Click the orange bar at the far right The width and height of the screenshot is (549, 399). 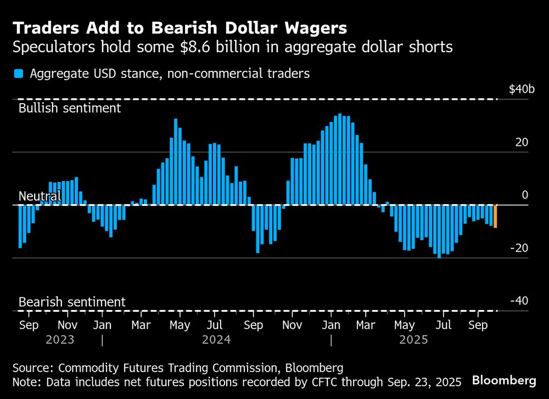click(x=495, y=216)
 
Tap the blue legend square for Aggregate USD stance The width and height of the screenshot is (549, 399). click(x=19, y=74)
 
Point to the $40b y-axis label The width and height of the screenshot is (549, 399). click(x=521, y=89)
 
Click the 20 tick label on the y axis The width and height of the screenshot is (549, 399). click(x=521, y=142)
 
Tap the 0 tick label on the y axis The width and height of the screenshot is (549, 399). click(x=524, y=195)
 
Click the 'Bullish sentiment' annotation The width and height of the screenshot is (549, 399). click(x=69, y=108)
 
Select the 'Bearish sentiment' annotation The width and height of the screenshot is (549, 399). click(x=71, y=302)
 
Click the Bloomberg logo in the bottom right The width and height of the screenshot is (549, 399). click(x=504, y=380)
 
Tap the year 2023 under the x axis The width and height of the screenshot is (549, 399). click(x=60, y=340)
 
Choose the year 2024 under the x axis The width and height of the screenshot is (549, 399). click(x=216, y=340)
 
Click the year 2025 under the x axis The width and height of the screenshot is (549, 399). click(x=413, y=340)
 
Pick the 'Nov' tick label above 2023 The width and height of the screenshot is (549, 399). click(x=66, y=325)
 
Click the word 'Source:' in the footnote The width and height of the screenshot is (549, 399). click(x=33, y=367)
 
